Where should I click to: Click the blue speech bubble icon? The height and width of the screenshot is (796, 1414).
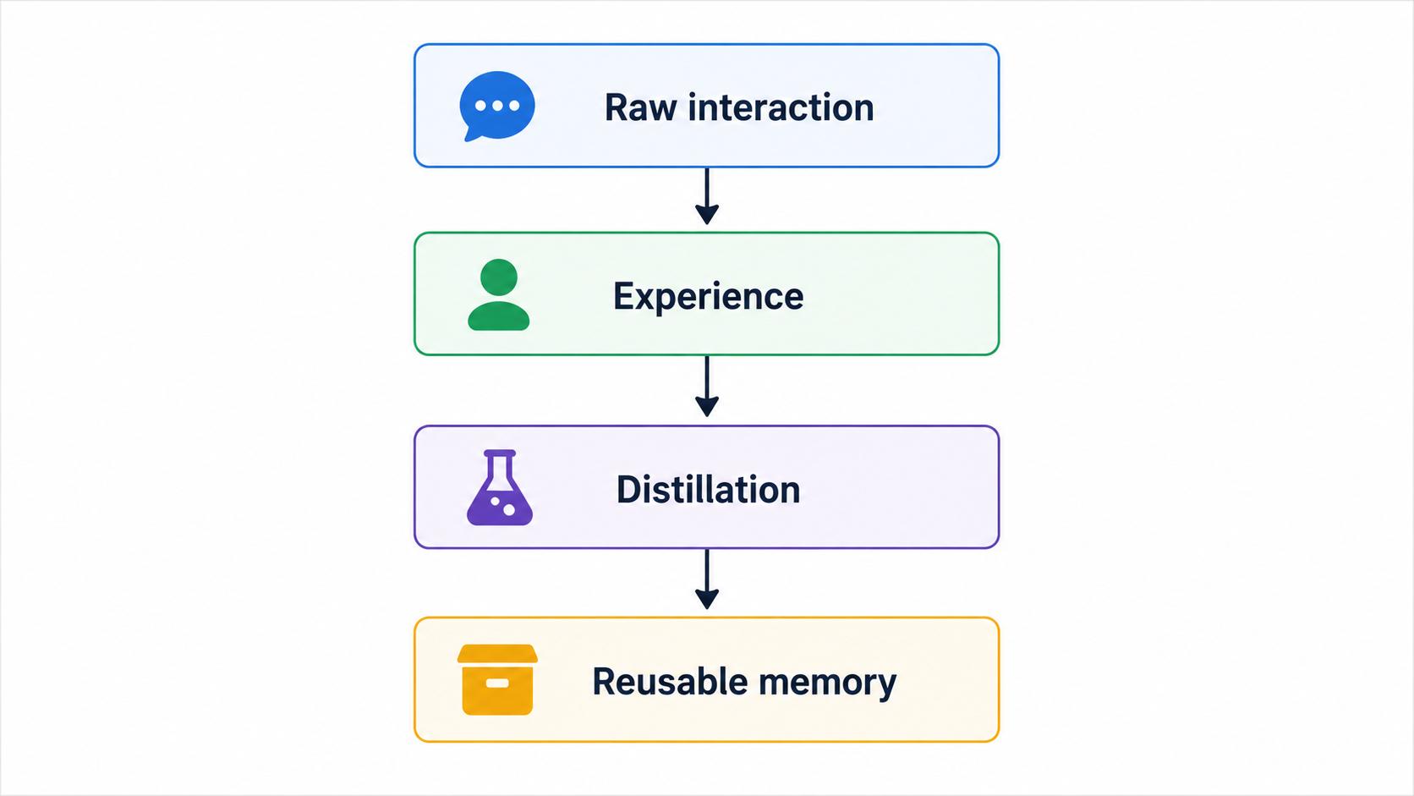point(497,106)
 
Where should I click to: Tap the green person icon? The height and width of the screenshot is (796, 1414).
point(499,294)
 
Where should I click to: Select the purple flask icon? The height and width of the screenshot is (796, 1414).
point(499,487)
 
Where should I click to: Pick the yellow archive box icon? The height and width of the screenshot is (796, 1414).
point(497,679)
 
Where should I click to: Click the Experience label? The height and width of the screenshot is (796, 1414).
point(708,296)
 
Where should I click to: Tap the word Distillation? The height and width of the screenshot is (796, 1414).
point(708,489)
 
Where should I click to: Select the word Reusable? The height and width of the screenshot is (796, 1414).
point(670,681)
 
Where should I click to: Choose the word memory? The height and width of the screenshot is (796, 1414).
point(828,683)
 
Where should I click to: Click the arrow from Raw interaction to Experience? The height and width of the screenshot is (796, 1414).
point(707,196)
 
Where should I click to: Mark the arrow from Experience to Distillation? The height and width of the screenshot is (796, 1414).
point(707,387)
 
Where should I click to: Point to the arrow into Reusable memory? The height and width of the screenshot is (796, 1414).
point(707,579)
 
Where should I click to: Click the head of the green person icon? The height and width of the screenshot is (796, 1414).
point(499,277)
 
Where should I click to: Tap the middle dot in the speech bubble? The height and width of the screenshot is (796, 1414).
point(497,106)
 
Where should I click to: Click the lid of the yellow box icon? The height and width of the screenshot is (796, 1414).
point(497,653)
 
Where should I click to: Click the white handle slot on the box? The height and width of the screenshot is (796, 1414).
point(497,683)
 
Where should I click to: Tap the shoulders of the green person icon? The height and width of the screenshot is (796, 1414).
point(499,316)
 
